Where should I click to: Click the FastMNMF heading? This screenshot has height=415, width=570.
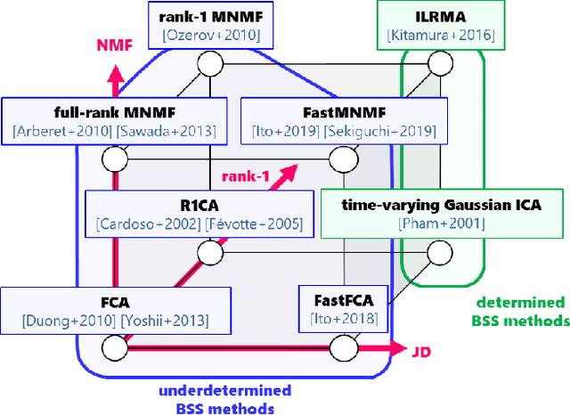[x=339, y=113]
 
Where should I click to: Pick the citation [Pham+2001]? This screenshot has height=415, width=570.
[x=442, y=224]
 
